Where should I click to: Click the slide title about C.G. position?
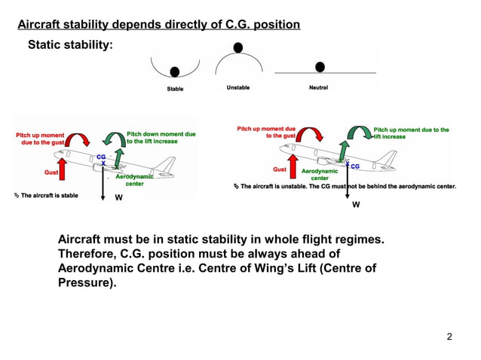pyautogui.click(x=159, y=25)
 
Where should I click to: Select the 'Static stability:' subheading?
pyautogui.click(x=70, y=45)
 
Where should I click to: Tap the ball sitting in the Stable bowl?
pyautogui.click(x=175, y=72)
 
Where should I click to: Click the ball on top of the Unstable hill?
pyautogui.click(x=238, y=47)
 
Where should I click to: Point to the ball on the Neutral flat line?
pyautogui.click(x=320, y=67)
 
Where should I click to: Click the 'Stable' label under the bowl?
pyautogui.click(x=175, y=89)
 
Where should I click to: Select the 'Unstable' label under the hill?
pyautogui.click(x=238, y=88)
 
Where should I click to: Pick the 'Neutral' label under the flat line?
pyautogui.click(x=318, y=88)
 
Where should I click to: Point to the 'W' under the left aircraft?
pyautogui.click(x=118, y=198)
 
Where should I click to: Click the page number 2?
pyautogui.click(x=449, y=336)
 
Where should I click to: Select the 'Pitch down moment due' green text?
pyautogui.click(x=161, y=133)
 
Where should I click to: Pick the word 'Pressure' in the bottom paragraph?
pyautogui.click(x=84, y=284)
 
